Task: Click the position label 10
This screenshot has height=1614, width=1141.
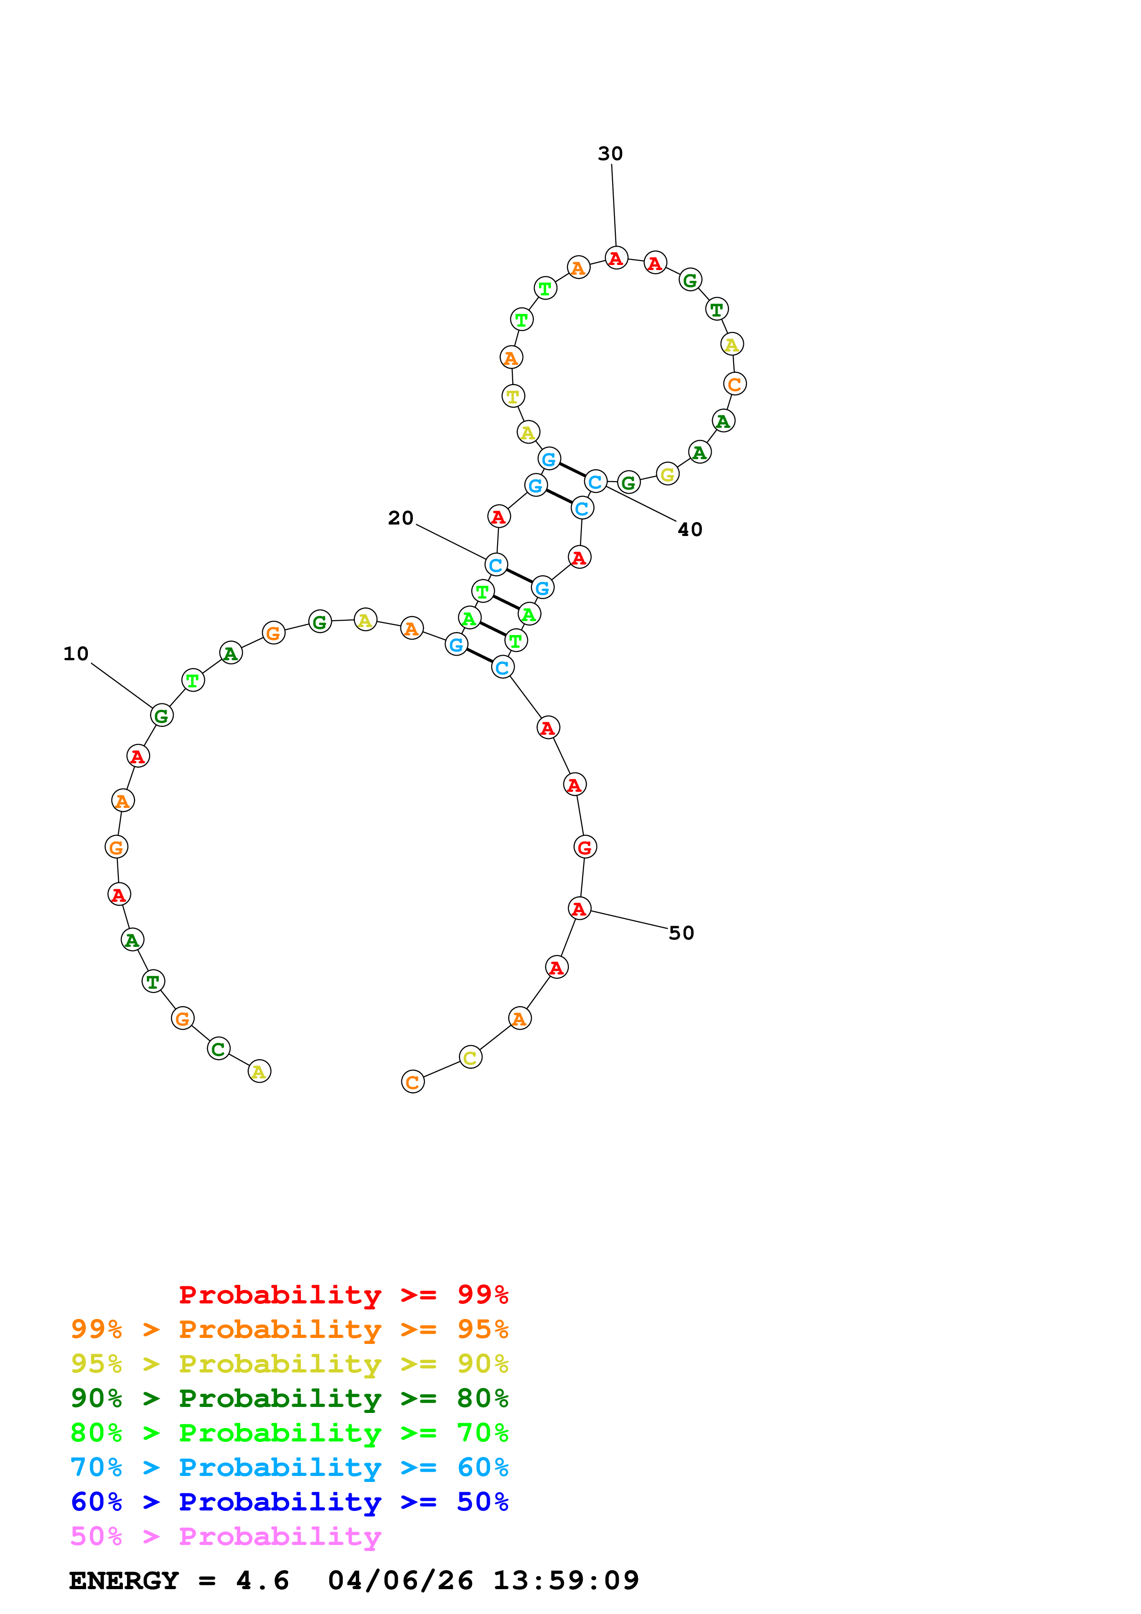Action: (x=76, y=654)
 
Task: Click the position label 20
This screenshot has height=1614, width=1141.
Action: (x=401, y=518)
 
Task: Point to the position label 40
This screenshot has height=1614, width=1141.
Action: (x=689, y=529)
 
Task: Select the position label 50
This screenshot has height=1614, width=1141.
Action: (x=681, y=933)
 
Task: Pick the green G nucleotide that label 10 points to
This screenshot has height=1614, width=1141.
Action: (x=162, y=715)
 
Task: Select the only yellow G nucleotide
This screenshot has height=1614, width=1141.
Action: (x=667, y=474)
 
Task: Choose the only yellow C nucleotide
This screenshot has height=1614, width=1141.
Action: (x=470, y=1057)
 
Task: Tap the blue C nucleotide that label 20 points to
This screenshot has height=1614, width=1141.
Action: (x=496, y=565)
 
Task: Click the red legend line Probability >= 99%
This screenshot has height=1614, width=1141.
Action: (x=343, y=1295)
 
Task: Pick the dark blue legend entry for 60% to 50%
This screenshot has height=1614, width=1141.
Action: (x=289, y=1502)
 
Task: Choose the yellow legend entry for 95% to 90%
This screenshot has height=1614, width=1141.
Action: (x=289, y=1364)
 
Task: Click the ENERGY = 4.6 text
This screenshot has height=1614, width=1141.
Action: (x=179, y=1580)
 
